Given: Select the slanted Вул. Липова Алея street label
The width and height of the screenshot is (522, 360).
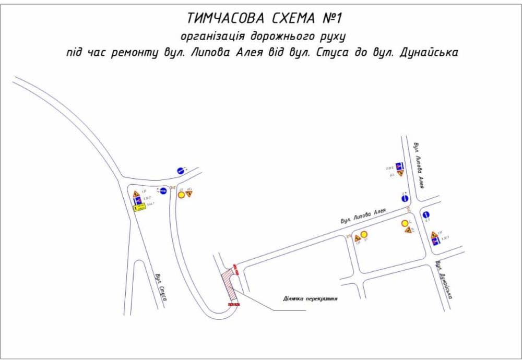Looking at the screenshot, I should (363, 216).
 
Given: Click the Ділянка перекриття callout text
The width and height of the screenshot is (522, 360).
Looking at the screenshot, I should (310, 299).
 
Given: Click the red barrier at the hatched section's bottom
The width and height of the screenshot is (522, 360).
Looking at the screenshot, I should (233, 304).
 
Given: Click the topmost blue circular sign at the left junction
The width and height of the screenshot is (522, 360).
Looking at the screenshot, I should (181, 170).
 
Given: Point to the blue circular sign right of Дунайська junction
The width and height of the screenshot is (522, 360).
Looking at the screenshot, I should (426, 214).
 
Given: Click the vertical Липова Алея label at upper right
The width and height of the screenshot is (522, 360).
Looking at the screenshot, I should (419, 164).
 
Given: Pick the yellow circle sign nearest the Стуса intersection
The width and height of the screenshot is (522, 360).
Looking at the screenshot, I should (181, 195).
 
